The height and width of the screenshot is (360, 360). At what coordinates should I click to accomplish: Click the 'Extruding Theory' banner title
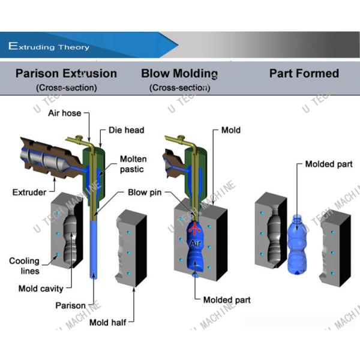point(49,46)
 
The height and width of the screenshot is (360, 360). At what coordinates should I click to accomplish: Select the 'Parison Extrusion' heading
point(66,74)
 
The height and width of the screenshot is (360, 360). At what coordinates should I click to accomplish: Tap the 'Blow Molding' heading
point(179,74)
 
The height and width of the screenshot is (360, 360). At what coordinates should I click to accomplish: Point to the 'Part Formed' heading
point(304,74)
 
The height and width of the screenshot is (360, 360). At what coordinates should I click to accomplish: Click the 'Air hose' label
point(64,113)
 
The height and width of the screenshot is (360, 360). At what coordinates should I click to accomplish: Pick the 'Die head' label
point(126,130)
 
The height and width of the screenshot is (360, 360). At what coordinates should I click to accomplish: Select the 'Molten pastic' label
point(133,164)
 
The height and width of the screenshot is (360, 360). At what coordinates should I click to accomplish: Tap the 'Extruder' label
point(29,192)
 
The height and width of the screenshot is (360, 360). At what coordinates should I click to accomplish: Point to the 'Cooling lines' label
point(24,265)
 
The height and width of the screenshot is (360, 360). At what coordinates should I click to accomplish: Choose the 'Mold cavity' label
point(41,289)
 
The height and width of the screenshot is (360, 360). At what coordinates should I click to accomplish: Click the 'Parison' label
point(71,305)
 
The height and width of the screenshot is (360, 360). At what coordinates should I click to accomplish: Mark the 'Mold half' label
point(107,322)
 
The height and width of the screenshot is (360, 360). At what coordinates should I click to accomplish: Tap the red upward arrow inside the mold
point(194,230)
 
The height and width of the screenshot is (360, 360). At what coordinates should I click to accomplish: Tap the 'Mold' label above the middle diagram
point(230,130)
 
